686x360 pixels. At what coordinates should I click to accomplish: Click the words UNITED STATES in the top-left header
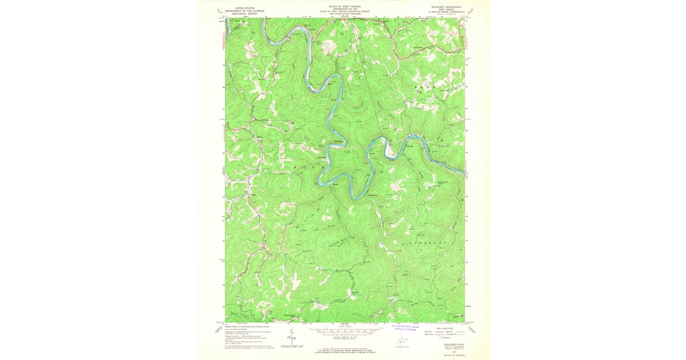coord(241,7)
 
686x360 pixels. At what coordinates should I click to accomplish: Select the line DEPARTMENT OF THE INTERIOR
coord(241,10)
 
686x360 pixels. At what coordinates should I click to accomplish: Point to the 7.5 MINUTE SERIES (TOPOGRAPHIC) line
coord(444,13)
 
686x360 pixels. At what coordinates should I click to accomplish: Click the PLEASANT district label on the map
coord(427,243)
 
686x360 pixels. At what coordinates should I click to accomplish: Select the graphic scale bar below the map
coord(345,330)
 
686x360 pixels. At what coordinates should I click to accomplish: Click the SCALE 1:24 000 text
coord(344,326)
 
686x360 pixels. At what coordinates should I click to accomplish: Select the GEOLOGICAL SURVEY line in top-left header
coord(241,13)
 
